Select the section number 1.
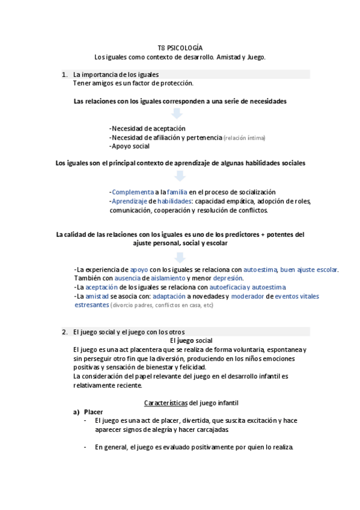click(x=64, y=75)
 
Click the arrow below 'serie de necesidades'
click(x=177, y=114)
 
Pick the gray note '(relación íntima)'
click(x=244, y=138)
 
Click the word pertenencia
click(x=201, y=137)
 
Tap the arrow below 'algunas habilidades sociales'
click(x=180, y=176)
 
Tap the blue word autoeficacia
click(x=228, y=287)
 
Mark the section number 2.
click(x=64, y=331)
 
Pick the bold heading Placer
click(x=94, y=411)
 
